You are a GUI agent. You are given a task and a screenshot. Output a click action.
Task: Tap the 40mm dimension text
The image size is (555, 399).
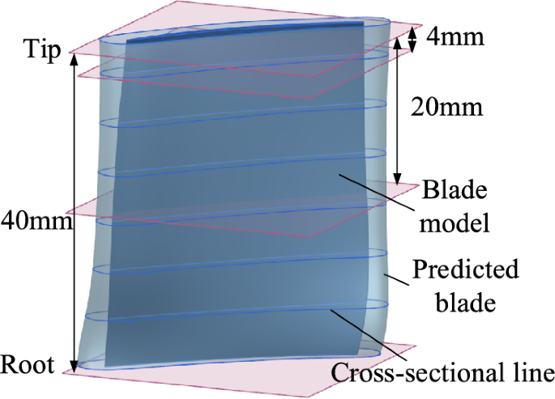click(x=30, y=219)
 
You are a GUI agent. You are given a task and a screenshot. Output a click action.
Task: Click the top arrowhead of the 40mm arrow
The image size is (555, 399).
click(x=75, y=57)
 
